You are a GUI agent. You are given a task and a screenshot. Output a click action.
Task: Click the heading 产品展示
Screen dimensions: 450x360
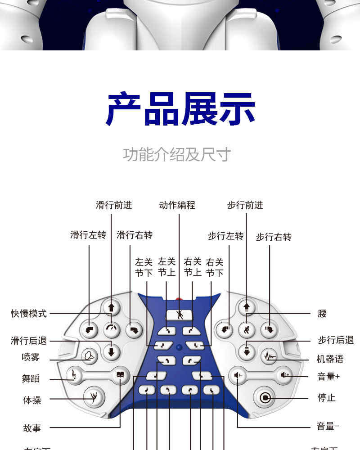[180, 109]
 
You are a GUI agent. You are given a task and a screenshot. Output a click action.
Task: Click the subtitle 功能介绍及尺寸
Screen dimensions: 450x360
[177, 154]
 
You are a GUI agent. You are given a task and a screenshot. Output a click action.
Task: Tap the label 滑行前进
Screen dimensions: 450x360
[114, 205]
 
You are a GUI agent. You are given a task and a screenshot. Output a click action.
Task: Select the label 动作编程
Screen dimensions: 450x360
[177, 205]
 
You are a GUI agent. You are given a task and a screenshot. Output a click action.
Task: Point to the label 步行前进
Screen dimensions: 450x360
[245, 205]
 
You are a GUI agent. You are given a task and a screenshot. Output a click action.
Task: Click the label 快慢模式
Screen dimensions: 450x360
[29, 314]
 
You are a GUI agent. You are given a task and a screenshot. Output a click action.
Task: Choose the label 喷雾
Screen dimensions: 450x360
[31, 357]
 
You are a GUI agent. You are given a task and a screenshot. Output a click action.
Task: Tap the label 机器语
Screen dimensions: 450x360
[330, 359]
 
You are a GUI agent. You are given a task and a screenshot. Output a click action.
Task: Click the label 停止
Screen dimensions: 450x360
[327, 398]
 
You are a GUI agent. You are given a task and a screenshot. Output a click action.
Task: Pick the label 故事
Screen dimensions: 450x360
[32, 428]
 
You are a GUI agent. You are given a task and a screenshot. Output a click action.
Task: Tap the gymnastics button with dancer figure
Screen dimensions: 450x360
[94, 397]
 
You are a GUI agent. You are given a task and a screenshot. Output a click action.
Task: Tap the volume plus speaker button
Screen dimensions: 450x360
[284, 374]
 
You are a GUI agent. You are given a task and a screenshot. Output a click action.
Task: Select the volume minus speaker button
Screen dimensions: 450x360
[238, 374]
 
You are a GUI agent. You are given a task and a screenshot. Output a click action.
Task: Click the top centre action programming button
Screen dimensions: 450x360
[180, 315]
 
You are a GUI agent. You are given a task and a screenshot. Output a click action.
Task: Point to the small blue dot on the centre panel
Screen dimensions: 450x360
[179, 347]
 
